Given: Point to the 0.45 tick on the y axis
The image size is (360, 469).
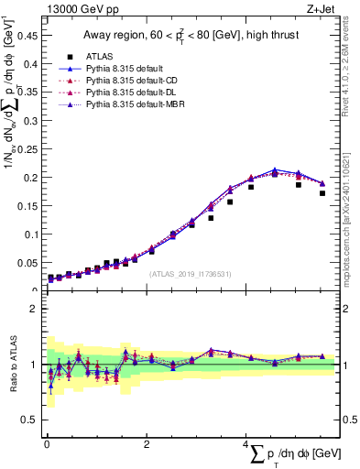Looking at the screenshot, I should click(28, 37).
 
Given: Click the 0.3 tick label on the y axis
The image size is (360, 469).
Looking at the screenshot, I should click(31, 122).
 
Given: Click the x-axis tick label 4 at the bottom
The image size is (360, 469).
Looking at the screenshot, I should click(245, 444).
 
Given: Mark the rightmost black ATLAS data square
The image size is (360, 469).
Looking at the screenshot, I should click(322, 193).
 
